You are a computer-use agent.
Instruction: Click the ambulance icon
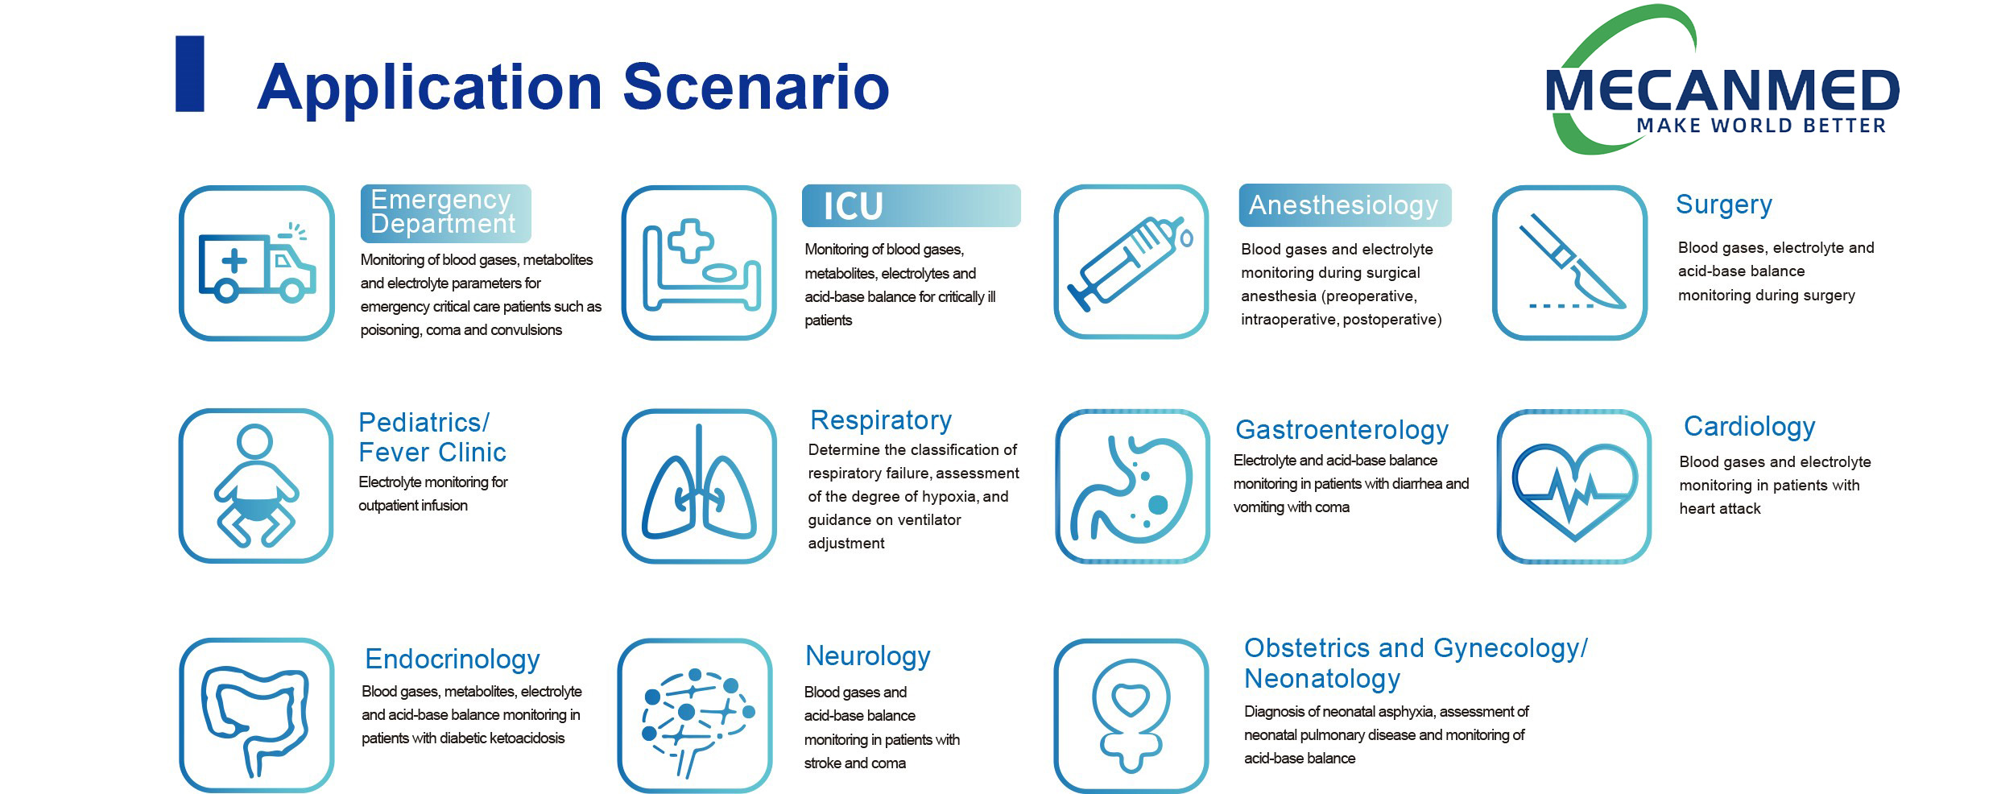256,263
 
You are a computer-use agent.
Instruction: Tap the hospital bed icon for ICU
699,263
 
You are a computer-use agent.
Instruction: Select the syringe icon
1131,262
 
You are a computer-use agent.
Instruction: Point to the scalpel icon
1569,263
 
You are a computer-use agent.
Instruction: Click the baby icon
256,486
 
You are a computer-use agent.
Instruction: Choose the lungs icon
699,486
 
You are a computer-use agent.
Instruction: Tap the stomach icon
1132,486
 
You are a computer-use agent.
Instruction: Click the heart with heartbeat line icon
1574,486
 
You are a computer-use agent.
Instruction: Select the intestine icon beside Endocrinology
256,715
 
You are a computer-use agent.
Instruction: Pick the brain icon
695,716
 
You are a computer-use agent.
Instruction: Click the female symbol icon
1131,716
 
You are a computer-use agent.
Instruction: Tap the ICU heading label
854,206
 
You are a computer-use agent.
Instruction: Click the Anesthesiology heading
1343,205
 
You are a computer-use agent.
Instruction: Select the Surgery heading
1723,205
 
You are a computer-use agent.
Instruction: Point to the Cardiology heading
1749,426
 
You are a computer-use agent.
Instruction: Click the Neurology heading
867,656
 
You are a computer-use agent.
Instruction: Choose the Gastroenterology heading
1342,430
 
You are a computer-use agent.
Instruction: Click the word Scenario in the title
755,87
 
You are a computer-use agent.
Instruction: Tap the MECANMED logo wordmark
1722,90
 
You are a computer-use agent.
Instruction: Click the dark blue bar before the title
190,73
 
